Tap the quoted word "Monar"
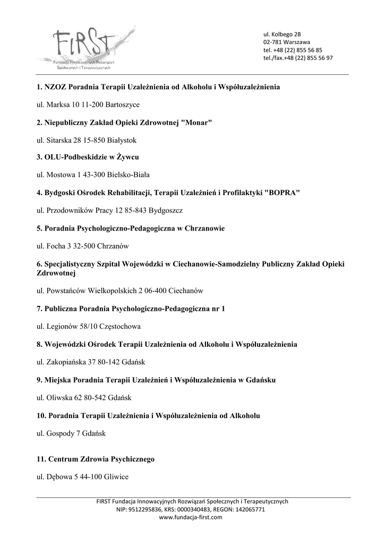(x=196, y=123)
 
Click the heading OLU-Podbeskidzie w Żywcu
(x=88, y=158)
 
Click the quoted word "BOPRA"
(x=282, y=193)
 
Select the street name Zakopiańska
(x=66, y=362)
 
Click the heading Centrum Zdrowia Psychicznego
(x=96, y=459)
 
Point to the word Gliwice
(x=117, y=477)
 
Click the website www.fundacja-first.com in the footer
(x=192, y=517)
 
